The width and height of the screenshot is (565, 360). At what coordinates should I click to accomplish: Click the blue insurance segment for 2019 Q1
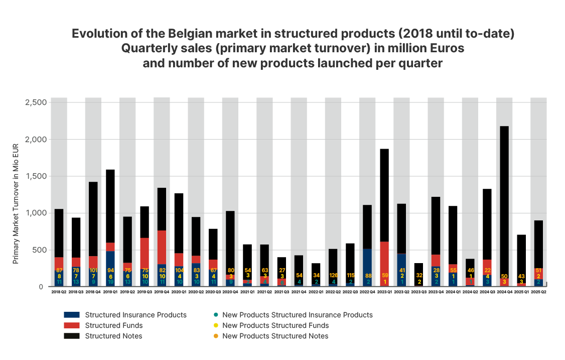point(110,266)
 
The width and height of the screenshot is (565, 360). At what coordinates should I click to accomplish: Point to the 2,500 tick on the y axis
point(36,102)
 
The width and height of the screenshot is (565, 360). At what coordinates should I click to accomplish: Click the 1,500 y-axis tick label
point(36,176)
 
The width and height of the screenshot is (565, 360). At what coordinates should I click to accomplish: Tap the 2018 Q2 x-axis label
point(59,292)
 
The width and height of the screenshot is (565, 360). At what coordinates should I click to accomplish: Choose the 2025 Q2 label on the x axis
point(538,292)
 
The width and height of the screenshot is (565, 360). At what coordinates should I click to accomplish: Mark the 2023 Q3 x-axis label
point(418,292)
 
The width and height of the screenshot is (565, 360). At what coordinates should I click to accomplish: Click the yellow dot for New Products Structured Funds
point(215,325)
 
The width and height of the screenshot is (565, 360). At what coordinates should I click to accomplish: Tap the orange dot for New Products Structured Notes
point(215,336)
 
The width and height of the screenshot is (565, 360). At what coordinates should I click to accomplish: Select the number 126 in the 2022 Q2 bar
point(333,275)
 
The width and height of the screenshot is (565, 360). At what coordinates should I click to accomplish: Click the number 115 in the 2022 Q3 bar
point(350,275)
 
